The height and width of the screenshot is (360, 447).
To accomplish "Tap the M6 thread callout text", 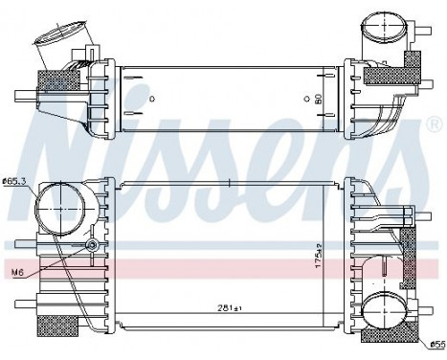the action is [18, 272].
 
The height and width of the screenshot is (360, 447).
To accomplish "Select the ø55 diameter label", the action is [436, 345].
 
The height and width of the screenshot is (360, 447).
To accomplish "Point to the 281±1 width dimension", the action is [229, 308].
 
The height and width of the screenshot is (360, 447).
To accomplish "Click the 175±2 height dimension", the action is [319, 256].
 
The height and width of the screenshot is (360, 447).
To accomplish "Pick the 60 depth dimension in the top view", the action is [318, 99].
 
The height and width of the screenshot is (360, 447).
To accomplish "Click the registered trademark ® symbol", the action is [436, 124].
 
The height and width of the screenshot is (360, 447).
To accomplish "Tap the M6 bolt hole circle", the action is [92, 245].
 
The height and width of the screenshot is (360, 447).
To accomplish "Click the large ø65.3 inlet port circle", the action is [60, 208].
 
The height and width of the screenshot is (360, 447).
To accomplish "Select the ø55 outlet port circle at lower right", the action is [385, 310].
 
